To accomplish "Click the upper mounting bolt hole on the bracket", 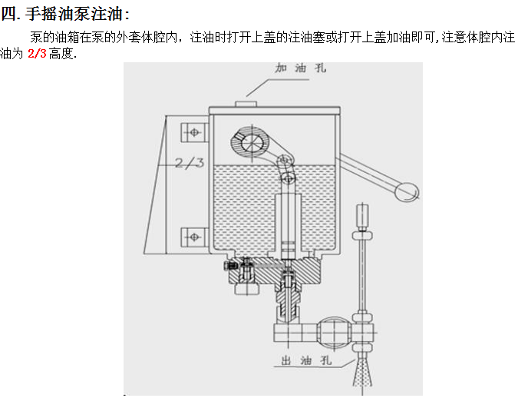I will coord(193,132).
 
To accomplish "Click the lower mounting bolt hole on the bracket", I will coord(193,237).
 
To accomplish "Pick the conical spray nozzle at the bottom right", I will coord(362,372).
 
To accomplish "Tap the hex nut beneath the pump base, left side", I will coord(244,287).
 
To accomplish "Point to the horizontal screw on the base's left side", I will coord(230,266).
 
